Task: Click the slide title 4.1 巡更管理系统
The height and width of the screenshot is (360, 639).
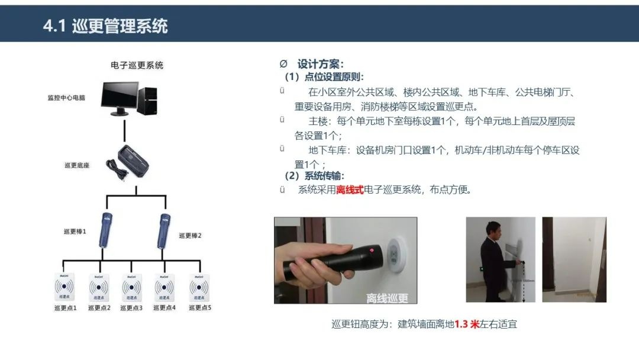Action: click(105, 26)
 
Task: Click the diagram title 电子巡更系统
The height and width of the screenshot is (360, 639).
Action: click(137, 65)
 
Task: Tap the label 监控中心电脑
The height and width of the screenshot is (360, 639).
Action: click(66, 98)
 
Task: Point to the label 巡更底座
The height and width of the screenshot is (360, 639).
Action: click(77, 165)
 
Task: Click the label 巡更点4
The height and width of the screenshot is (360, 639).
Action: click(165, 308)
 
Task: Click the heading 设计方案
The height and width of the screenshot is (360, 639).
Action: click(320, 64)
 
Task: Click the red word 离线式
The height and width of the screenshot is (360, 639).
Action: click(350, 190)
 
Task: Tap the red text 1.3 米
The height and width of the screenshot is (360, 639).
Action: click(466, 324)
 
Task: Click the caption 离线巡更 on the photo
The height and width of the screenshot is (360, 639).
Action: click(388, 297)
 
